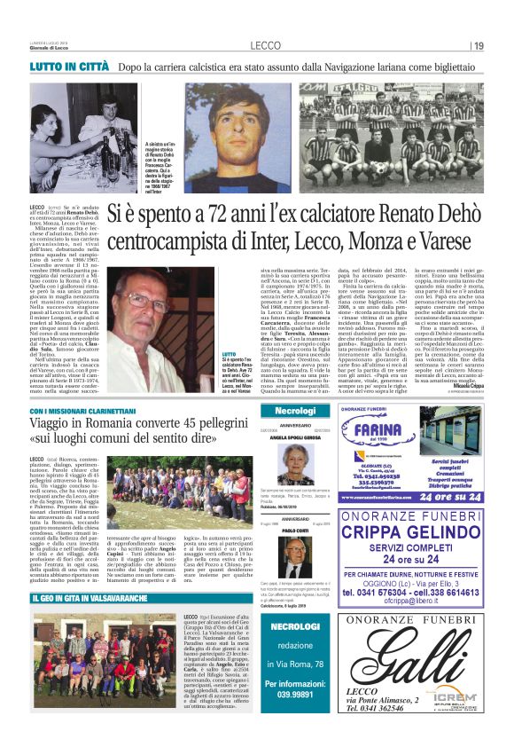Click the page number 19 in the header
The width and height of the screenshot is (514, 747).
(479, 46)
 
